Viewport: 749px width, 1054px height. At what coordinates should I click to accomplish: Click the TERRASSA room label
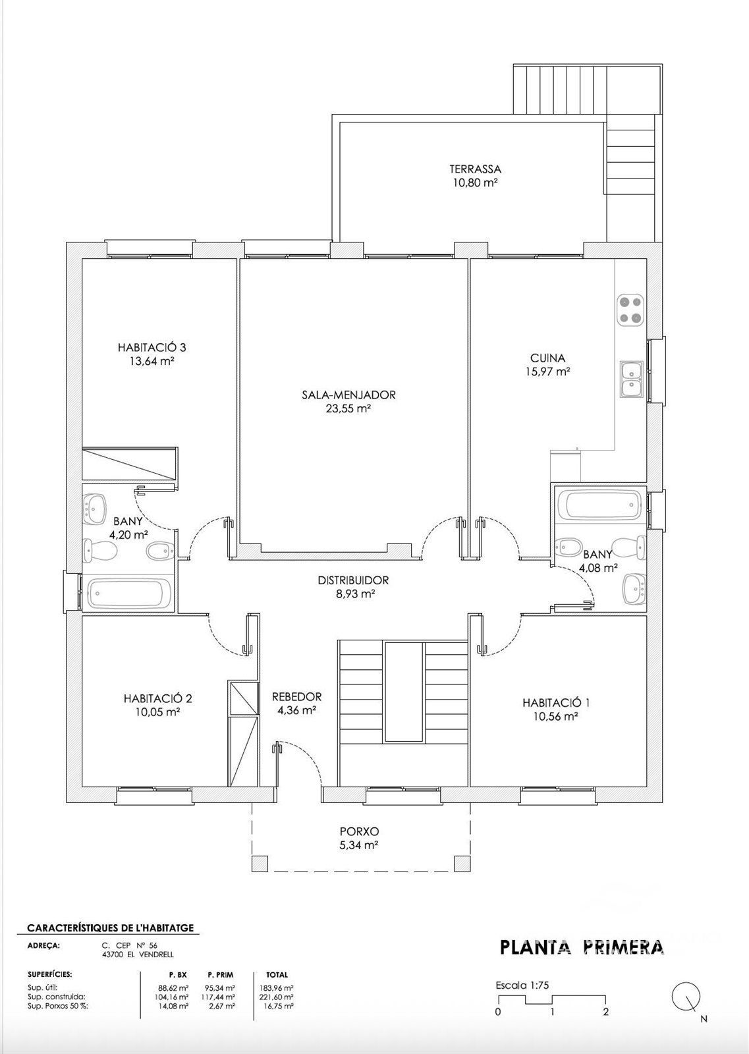(x=475, y=169)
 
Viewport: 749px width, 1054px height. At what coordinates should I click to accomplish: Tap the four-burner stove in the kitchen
(x=630, y=310)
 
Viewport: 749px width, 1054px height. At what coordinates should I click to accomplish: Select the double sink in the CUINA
(x=631, y=379)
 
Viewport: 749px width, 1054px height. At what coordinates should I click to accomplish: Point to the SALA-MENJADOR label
(x=348, y=395)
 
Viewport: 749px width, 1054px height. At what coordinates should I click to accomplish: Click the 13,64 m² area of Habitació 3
(x=152, y=362)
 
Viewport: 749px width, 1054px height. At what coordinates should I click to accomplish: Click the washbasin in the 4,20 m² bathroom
(x=96, y=509)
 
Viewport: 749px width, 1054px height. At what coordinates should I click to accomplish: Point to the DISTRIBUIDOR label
(x=353, y=580)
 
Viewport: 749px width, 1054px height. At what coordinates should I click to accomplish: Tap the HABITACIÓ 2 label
(x=157, y=698)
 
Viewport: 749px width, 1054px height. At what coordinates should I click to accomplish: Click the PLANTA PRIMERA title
(x=582, y=947)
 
